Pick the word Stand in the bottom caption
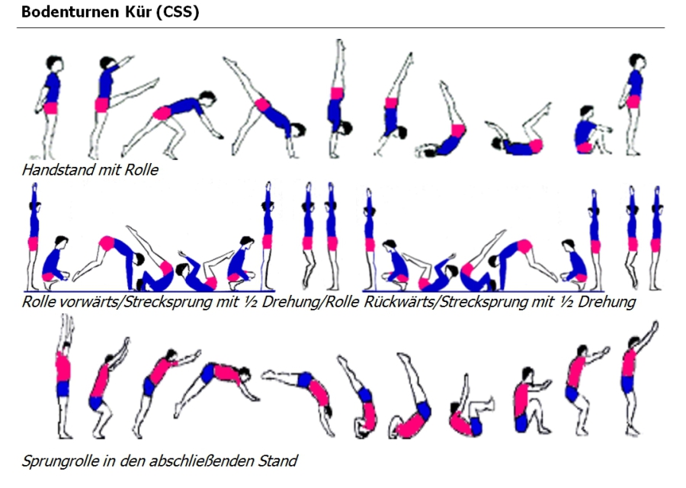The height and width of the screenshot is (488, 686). tap(278, 461)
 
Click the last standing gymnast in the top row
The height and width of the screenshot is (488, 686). tap(633, 103)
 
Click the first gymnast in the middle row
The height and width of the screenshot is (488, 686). tap(33, 236)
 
